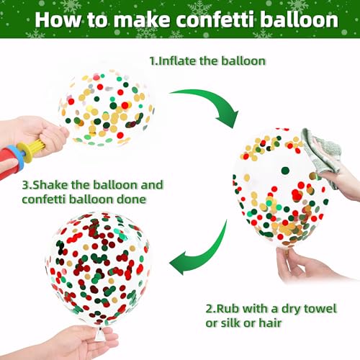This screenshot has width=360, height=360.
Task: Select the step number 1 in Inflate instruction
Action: pos(152,62)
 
